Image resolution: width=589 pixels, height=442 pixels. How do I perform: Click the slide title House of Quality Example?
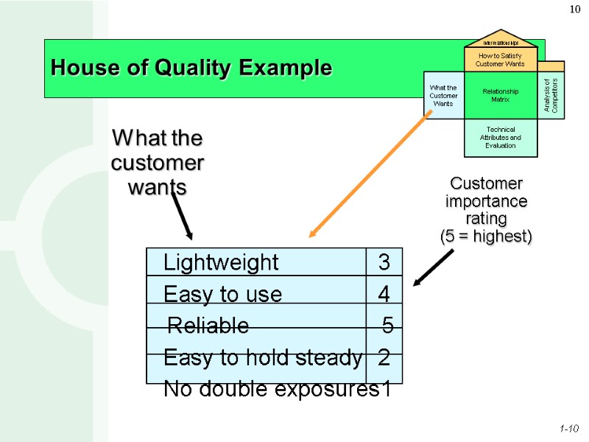click(x=191, y=69)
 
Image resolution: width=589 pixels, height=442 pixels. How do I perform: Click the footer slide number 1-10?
click(x=569, y=428)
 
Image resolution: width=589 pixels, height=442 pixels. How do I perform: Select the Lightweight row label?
click(x=221, y=262)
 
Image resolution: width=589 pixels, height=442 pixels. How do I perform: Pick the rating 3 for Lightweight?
click(x=384, y=262)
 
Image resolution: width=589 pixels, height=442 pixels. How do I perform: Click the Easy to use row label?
click(x=222, y=295)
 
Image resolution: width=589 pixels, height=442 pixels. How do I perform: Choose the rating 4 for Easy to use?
click(x=384, y=295)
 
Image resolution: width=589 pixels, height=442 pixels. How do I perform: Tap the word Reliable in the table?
click(x=209, y=326)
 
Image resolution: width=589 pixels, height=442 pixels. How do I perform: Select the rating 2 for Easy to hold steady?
click(x=384, y=359)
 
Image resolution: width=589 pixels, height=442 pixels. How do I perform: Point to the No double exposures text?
click(x=270, y=388)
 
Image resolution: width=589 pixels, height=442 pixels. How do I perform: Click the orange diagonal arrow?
click(x=368, y=177)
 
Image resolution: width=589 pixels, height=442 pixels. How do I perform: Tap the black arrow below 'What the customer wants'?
click(x=182, y=214)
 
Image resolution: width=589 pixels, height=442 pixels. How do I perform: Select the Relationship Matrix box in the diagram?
click(x=501, y=95)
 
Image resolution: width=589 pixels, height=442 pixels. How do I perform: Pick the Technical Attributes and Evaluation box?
click(x=501, y=138)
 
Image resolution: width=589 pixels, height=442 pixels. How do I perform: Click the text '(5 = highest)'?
click(x=485, y=236)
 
